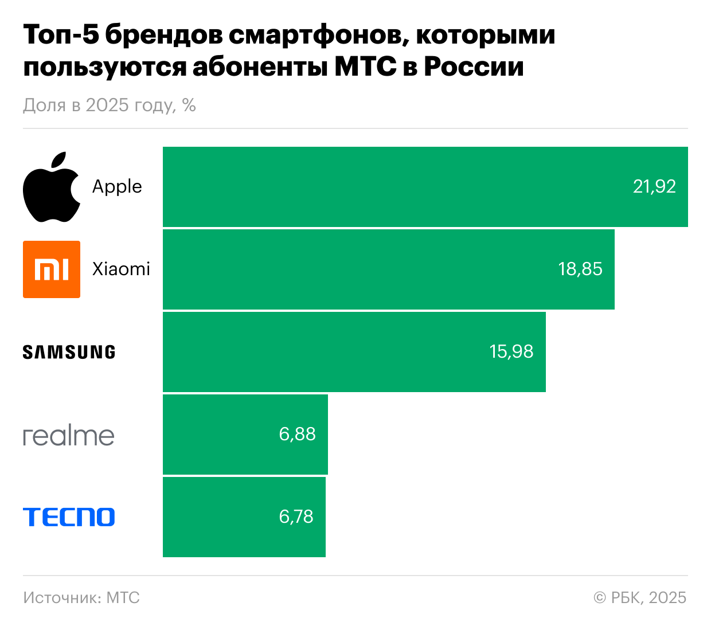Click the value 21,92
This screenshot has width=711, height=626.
tap(654, 186)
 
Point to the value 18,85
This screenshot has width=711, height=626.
tap(580, 269)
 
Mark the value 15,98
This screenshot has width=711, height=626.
tap(511, 351)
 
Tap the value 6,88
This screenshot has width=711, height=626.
tap(297, 434)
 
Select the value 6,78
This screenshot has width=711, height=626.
tap(296, 517)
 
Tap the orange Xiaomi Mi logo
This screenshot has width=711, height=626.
tap(52, 269)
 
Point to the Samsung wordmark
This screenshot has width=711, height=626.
tap(69, 352)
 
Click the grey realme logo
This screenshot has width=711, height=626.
tap(69, 436)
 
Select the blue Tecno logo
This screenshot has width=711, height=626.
tap(69, 517)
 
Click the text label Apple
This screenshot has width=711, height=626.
tap(117, 187)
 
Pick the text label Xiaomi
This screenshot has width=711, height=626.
tap(121, 269)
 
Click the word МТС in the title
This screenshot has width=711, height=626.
tap(365, 66)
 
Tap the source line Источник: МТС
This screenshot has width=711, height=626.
tap(81, 598)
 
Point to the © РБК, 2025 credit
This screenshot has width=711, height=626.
tap(640, 598)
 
